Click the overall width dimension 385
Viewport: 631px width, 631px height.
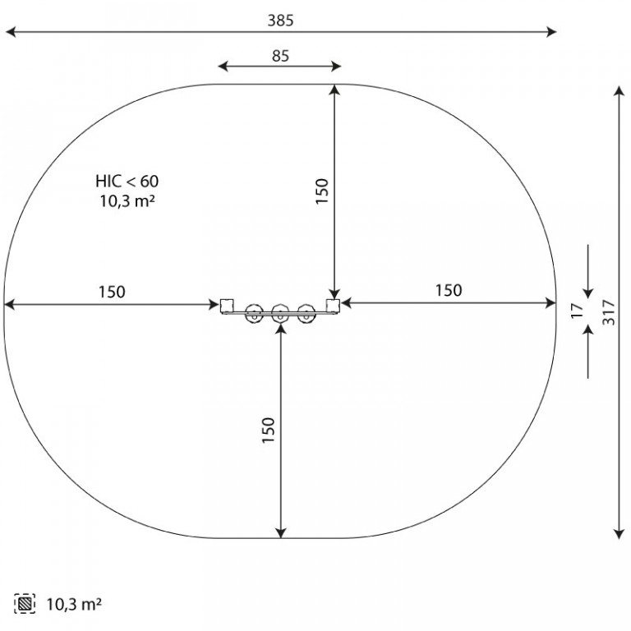click(280, 21)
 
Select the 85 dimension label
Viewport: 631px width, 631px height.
click(280, 56)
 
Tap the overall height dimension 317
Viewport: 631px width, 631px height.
click(609, 312)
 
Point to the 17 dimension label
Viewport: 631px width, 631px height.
click(577, 311)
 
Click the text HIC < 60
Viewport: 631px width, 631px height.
click(127, 182)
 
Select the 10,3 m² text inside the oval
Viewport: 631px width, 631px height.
click(127, 200)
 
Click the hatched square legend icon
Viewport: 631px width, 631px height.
click(25, 604)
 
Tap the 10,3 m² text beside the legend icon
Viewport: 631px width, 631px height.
click(74, 604)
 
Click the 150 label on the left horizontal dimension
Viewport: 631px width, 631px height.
click(112, 292)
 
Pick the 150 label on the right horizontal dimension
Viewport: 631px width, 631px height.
click(449, 290)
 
